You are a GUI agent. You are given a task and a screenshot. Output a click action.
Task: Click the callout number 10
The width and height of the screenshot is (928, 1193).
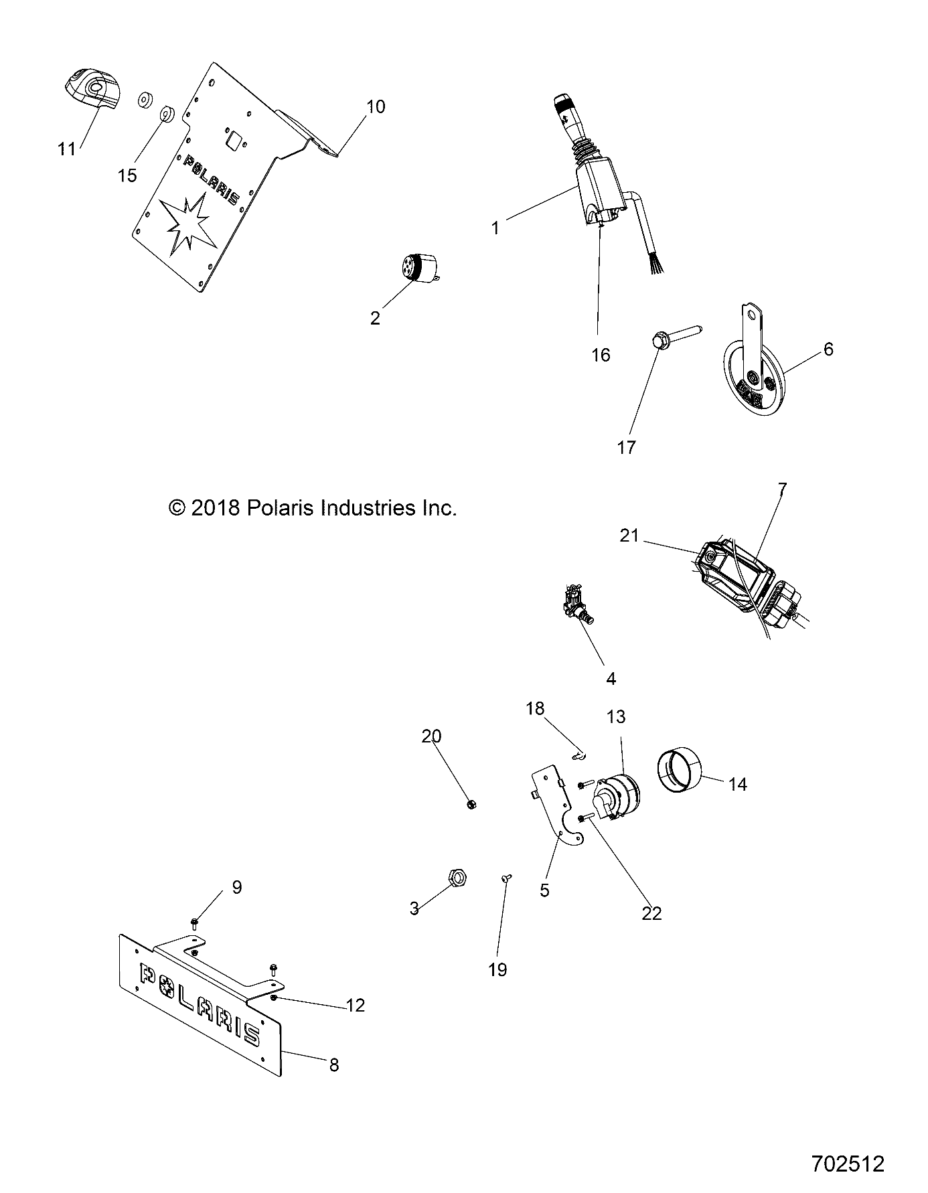pyautogui.click(x=376, y=106)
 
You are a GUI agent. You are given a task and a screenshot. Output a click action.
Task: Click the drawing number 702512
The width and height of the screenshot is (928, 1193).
pyautogui.click(x=848, y=1164)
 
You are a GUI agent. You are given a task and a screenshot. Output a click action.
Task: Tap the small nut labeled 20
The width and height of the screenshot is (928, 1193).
pyautogui.click(x=471, y=804)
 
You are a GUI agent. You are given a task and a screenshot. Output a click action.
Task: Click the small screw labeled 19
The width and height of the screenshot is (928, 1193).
pyautogui.click(x=506, y=878)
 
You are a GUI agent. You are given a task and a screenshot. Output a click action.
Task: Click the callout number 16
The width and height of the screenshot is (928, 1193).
pyautogui.click(x=601, y=355)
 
